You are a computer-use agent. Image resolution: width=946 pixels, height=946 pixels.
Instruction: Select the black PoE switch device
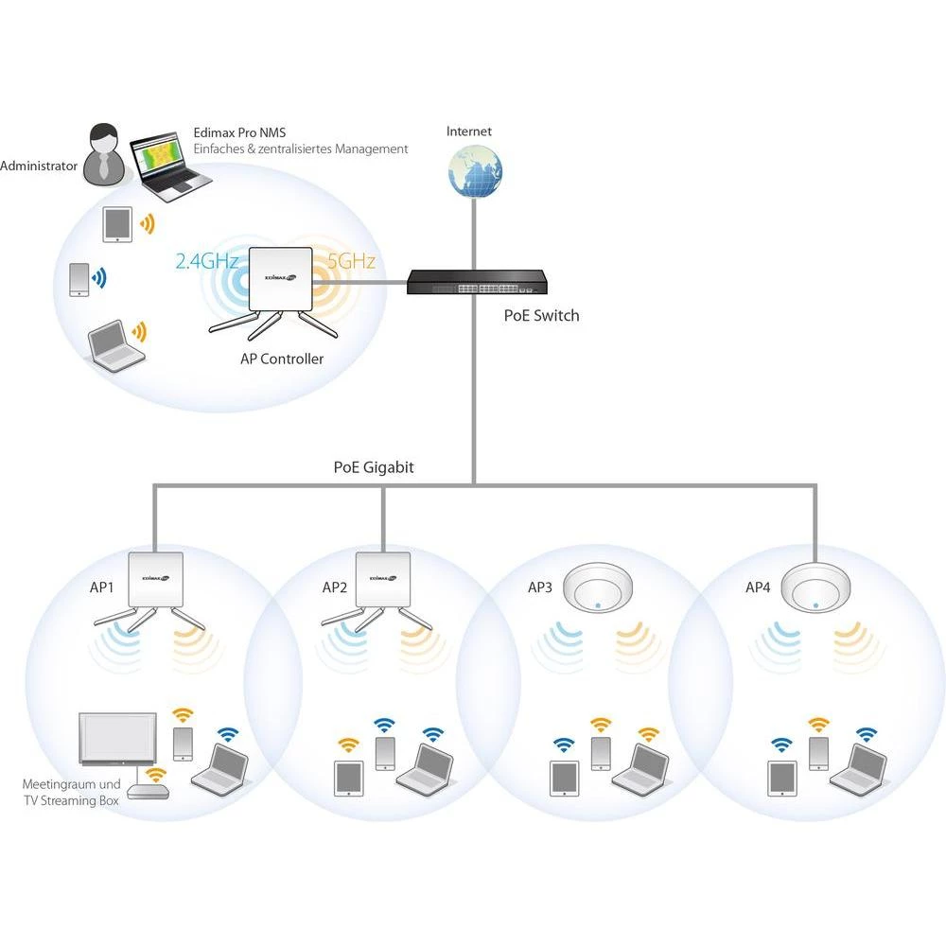[x=477, y=282]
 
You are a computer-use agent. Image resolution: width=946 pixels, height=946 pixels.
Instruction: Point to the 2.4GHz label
[x=207, y=262]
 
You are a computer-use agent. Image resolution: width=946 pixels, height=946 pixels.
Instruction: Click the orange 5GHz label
[x=352, y=261]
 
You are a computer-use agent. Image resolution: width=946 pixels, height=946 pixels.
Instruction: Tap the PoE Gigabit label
[x=374, y=466]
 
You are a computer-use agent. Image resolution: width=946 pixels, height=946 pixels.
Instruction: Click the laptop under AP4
[x=859, y=768]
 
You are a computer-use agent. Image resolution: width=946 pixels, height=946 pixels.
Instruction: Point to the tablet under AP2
[x=348, y=779]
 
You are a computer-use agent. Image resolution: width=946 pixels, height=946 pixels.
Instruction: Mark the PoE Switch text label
[x=541, y=315]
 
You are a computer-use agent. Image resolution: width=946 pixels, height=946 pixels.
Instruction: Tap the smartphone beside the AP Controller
[x=79, y=280]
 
